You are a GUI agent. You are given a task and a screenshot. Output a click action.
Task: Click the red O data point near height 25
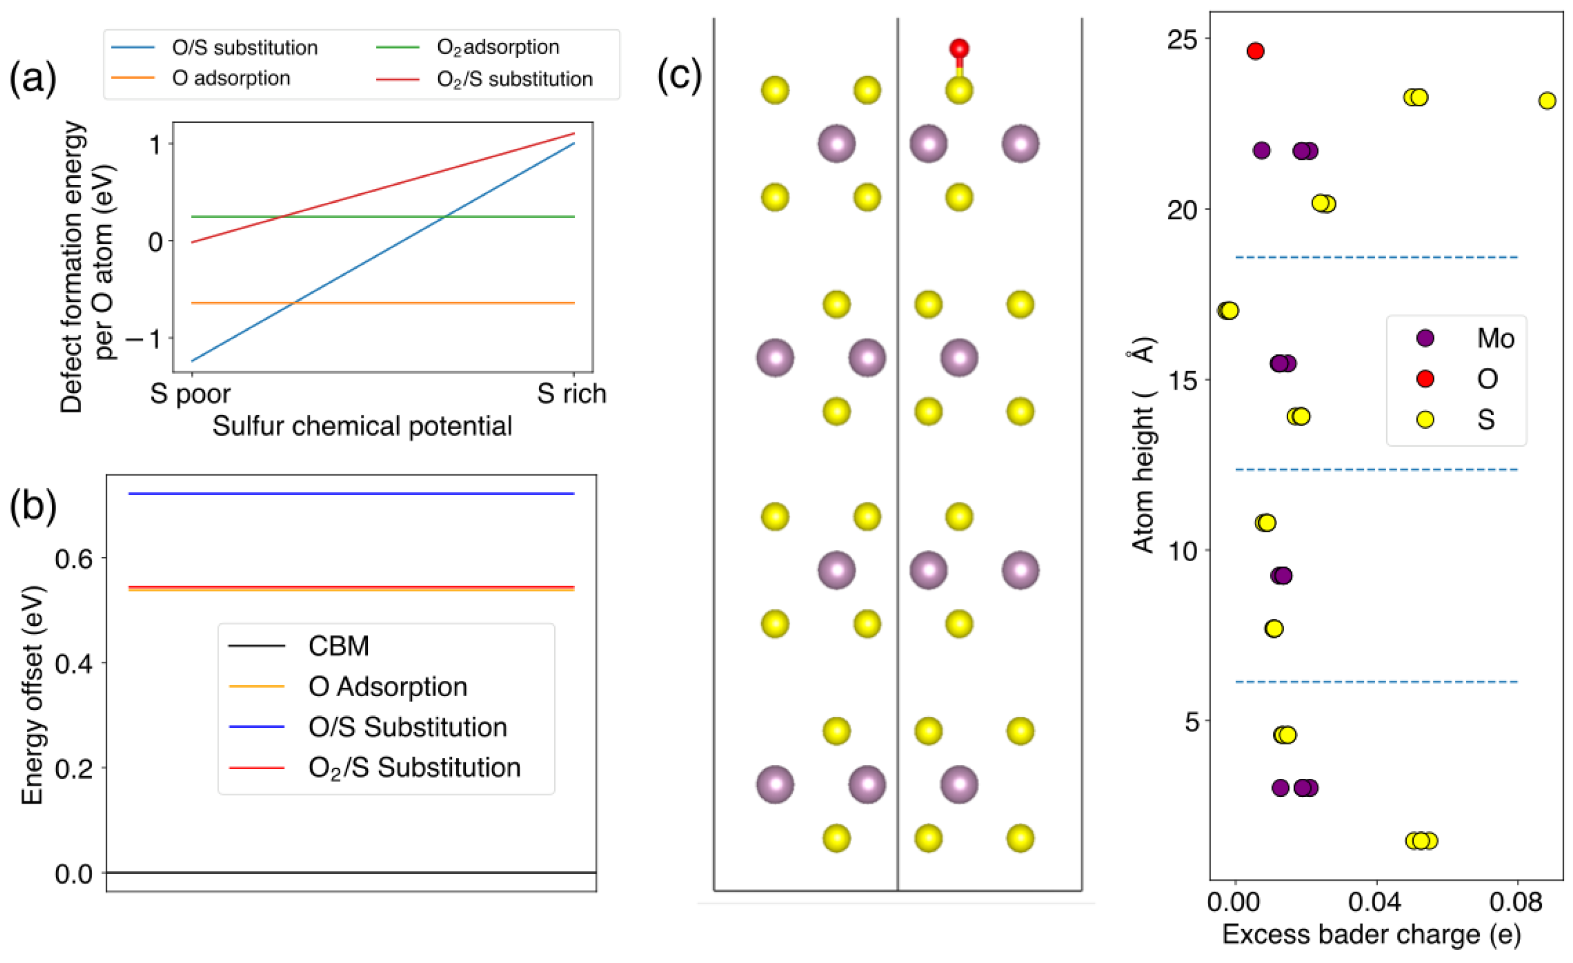coord(1255,51)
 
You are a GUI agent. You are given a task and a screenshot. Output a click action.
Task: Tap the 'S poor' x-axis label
coord(190,393)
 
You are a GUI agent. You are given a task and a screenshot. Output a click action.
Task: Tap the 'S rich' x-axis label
coord(572,393)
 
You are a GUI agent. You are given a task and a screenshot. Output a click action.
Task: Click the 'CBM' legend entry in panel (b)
coord(338,646)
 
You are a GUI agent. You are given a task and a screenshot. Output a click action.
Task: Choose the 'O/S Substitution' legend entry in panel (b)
coord(408,727)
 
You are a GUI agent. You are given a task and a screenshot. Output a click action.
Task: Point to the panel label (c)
coord(679,75)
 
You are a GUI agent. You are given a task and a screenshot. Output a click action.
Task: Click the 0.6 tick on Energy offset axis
coord(74,559)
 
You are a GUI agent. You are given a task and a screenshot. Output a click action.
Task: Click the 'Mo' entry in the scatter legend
coord(1495,338)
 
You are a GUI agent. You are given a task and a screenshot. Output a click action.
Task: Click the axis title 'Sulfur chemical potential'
coord(362,426)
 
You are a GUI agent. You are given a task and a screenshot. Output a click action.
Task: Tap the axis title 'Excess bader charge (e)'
coord(1371,934)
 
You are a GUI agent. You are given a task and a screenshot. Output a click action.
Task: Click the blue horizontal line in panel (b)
coord(351,493)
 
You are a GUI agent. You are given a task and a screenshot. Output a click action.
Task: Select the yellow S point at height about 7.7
coord(1273,628)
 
